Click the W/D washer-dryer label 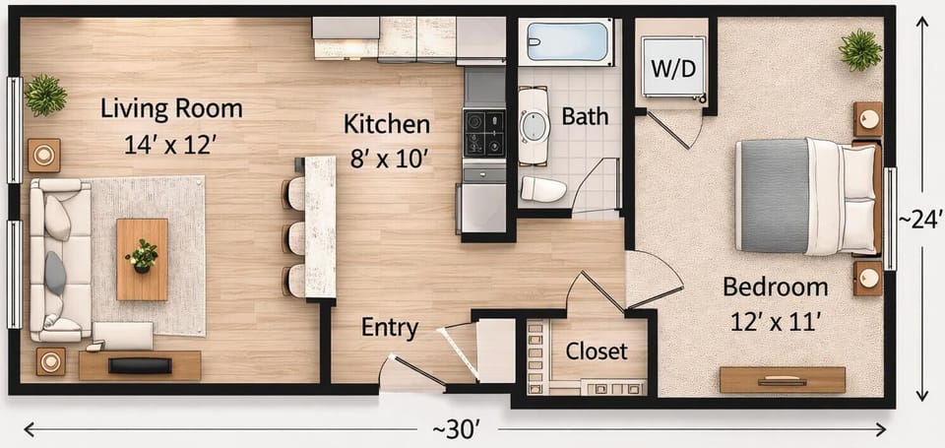pyautogui.click(x=673, y=69)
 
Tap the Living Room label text pyautogui.click(x=171, y=109)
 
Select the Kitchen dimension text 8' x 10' pyautogui.click(x=390, y=160)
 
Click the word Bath pyautogui.click(x=585, y=116)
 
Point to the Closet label pyautogui.click(x=597, y=351)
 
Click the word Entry pyautogui.click(x=390, y=329)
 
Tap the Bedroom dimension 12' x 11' pyautogui.click(x=774, y=323)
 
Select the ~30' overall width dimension pyautogui.click(x=456, y=430)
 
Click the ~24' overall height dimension pyautogui.click(x=920, y=221)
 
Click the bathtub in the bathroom pyautogui.click(x=567, y=41)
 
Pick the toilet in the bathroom pyautogui.click(x=543, y=189)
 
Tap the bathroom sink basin pyautogui.click(x=534, y=126)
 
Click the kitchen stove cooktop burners pyautogui.click(x=484, y=133)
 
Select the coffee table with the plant pyautogui.click(x=142, y=259)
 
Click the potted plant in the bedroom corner pyautogui.click(x=860, y=49)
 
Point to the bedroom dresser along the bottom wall pyautogui.click(x=783, y=380)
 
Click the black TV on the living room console pyautogui.click(x=140, y=365)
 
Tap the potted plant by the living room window pyautogui.click(x=45, y=96)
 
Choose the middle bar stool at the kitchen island pyautogui.click(x=294, y=238)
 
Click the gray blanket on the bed pyautogui.click(x=775, y=196)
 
